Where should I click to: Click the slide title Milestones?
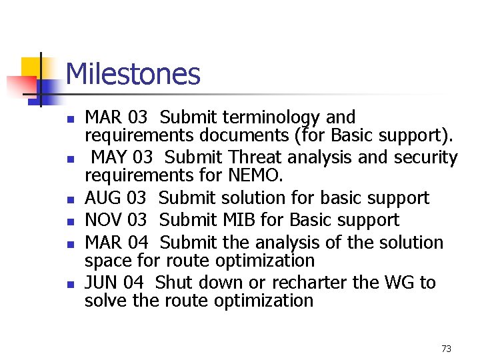coord(133,74)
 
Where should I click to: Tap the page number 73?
coord(446,349)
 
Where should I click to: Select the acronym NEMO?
coord(255,176)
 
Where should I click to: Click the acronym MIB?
coord(249,220)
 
